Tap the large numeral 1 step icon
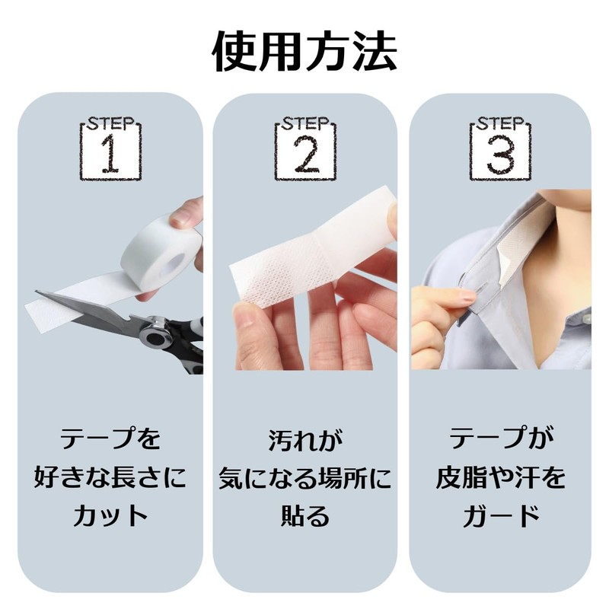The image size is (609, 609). click(x=110, y=156)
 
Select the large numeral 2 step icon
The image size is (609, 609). click(x=304, y=156)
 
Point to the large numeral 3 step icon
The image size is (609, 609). click(x=499, y=156)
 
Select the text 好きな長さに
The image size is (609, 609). click(x=110, y=477)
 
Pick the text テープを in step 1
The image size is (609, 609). click(x=110, y=439)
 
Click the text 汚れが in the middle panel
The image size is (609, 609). click(x=304, y=439)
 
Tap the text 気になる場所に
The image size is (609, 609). click(x=304, y=477)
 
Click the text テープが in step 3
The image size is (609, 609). click(x=500, y=439)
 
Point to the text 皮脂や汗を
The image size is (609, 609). click(x=500, y=477)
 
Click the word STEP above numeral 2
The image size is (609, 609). click(x=304, y=123)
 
